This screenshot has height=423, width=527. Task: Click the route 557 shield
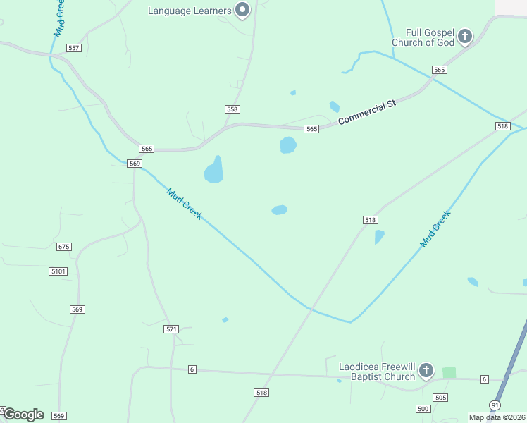click(74, 48)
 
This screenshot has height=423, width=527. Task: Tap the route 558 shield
click(232, 109)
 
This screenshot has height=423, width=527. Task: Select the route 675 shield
click(64, 247)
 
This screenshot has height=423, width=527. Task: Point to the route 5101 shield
click(58, 271)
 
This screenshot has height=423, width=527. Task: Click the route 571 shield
click(171, 329)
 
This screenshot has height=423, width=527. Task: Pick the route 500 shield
click(423, 409)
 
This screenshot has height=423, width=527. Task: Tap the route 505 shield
click(440, 398)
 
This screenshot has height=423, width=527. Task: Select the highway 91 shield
click(495, 405)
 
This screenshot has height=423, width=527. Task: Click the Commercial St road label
click(367, 113)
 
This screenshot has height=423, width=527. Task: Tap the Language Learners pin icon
click(242, 10)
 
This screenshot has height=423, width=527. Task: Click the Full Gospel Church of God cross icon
click(464, 36)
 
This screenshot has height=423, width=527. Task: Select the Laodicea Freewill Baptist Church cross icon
click(426, 370)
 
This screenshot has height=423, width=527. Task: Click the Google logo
click(23, 415)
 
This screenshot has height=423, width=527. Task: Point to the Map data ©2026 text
click(497, 417)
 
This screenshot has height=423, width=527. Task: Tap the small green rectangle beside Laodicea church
click(449, 372)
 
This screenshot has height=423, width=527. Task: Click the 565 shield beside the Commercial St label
click(312, 129)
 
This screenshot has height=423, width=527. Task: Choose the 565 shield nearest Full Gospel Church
click(440, 69)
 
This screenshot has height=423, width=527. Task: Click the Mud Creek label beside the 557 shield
click(60, 18)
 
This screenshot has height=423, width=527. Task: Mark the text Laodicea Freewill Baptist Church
click(377, 372)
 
